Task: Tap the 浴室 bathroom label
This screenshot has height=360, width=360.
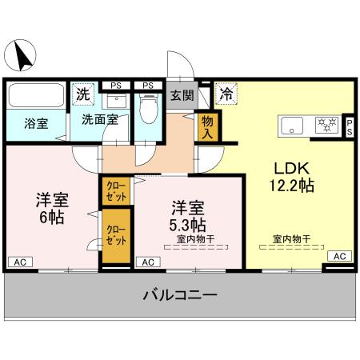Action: pos(35,124)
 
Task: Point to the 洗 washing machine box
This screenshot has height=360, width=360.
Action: pos(82,94)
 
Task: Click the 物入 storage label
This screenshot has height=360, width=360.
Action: pos(207,126)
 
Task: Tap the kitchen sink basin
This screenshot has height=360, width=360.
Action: pos(291,124)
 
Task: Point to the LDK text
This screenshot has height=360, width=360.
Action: pos(291,169)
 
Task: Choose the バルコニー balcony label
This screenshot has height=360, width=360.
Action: pos(180,296)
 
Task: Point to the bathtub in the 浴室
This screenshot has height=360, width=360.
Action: pos(34,97)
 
